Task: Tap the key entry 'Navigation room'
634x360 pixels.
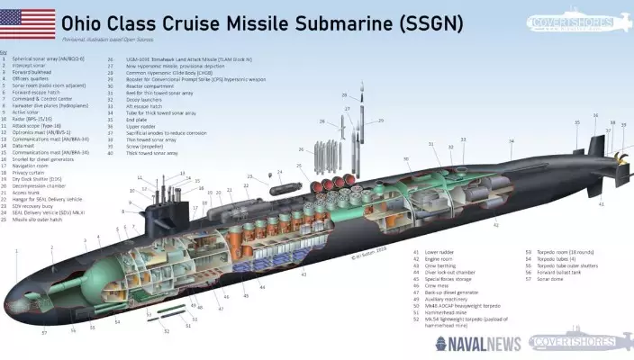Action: click(x=32, y=166)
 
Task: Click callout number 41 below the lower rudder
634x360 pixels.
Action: click(x=602, y=204)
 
